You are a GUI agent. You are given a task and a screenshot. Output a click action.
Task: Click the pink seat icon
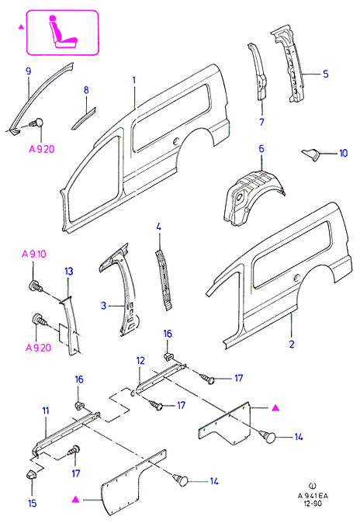click(64, 32)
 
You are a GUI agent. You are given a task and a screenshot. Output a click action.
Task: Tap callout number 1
click(133, 80)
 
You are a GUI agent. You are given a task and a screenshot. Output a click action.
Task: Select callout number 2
click(292, 344)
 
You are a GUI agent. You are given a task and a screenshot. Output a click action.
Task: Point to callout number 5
click(326, 74)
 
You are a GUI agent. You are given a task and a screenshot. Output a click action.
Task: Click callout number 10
click(343, 153)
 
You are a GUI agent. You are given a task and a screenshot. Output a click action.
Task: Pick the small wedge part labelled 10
click(310, 154)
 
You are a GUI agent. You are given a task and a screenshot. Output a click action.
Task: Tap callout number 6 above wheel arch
click(261, 148)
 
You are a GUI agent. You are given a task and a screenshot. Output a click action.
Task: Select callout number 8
click(86, 90)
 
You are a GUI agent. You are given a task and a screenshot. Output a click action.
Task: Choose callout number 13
click(69, 271)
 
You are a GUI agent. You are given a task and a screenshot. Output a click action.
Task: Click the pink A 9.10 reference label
click(33, 255)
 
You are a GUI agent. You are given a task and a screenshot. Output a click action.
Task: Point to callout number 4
click(158, 227)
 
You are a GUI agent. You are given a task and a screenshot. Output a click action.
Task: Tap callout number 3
click(103, 306)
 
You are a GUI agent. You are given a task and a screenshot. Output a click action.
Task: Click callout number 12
click(140, 361)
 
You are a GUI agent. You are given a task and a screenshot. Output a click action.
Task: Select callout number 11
click(46, 410)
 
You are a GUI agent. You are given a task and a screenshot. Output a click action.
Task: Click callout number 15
click(32, 503)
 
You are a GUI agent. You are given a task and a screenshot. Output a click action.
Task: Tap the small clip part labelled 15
click(31, 474)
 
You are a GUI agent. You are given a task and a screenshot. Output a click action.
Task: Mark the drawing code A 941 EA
click(313, 496)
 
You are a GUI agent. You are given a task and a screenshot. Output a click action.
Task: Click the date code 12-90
click(313, 504)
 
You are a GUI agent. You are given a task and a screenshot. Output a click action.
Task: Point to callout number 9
click(29, 71)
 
